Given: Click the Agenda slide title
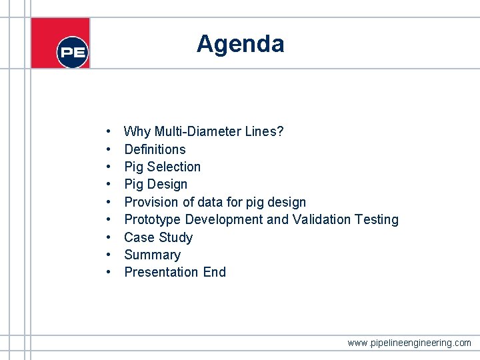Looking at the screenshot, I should pyautogui.click(x=240, y=44).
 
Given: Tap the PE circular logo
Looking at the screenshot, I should pyautogui.click(x=73, y=52).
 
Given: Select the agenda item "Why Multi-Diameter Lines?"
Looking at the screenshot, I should pyautogui.click(x=203, y=131).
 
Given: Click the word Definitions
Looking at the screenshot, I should pyautogui.click(x=155, y=149).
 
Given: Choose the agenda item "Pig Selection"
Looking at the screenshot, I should pyautogui.click(x=162, y=167).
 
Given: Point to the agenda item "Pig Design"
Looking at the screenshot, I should pyautogui.click(x=155, y=184).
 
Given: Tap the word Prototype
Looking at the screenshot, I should pyautogui.click(x=152, y=219).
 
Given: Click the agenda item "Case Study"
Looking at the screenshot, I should pyautogui.click(x=158, y=237).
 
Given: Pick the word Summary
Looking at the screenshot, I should pyautogui.click(x=152, y=255).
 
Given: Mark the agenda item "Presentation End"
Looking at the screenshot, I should pyautogui.click(x=175, y=272).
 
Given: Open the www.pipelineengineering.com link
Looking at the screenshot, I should pyautogui.click(x=409, y=343).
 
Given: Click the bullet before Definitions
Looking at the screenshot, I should pyautogui.click(x=108, y=149).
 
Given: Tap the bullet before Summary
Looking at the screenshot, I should pyautogui.click(x=108, y=255).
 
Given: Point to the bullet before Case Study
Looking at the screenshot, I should pyautogui.click(x=108, y=237).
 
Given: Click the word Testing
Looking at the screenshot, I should pyautogui.click(x=377, y=219).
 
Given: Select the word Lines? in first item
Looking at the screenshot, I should pyautogui.click(x=265, y=131).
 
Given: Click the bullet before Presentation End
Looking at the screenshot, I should pyautogui.click(x=108, y=272).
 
